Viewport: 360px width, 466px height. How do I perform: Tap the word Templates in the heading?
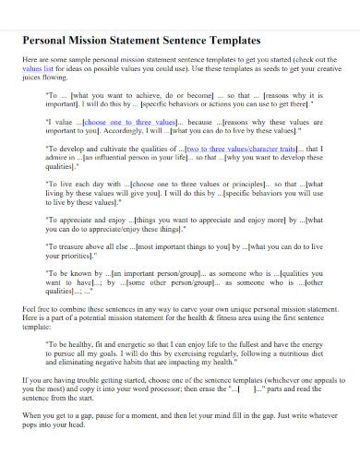pos(235,42)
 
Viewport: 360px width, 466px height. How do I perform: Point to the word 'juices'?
pos(34,79)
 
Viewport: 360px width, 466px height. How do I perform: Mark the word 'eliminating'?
pos(78,362)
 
